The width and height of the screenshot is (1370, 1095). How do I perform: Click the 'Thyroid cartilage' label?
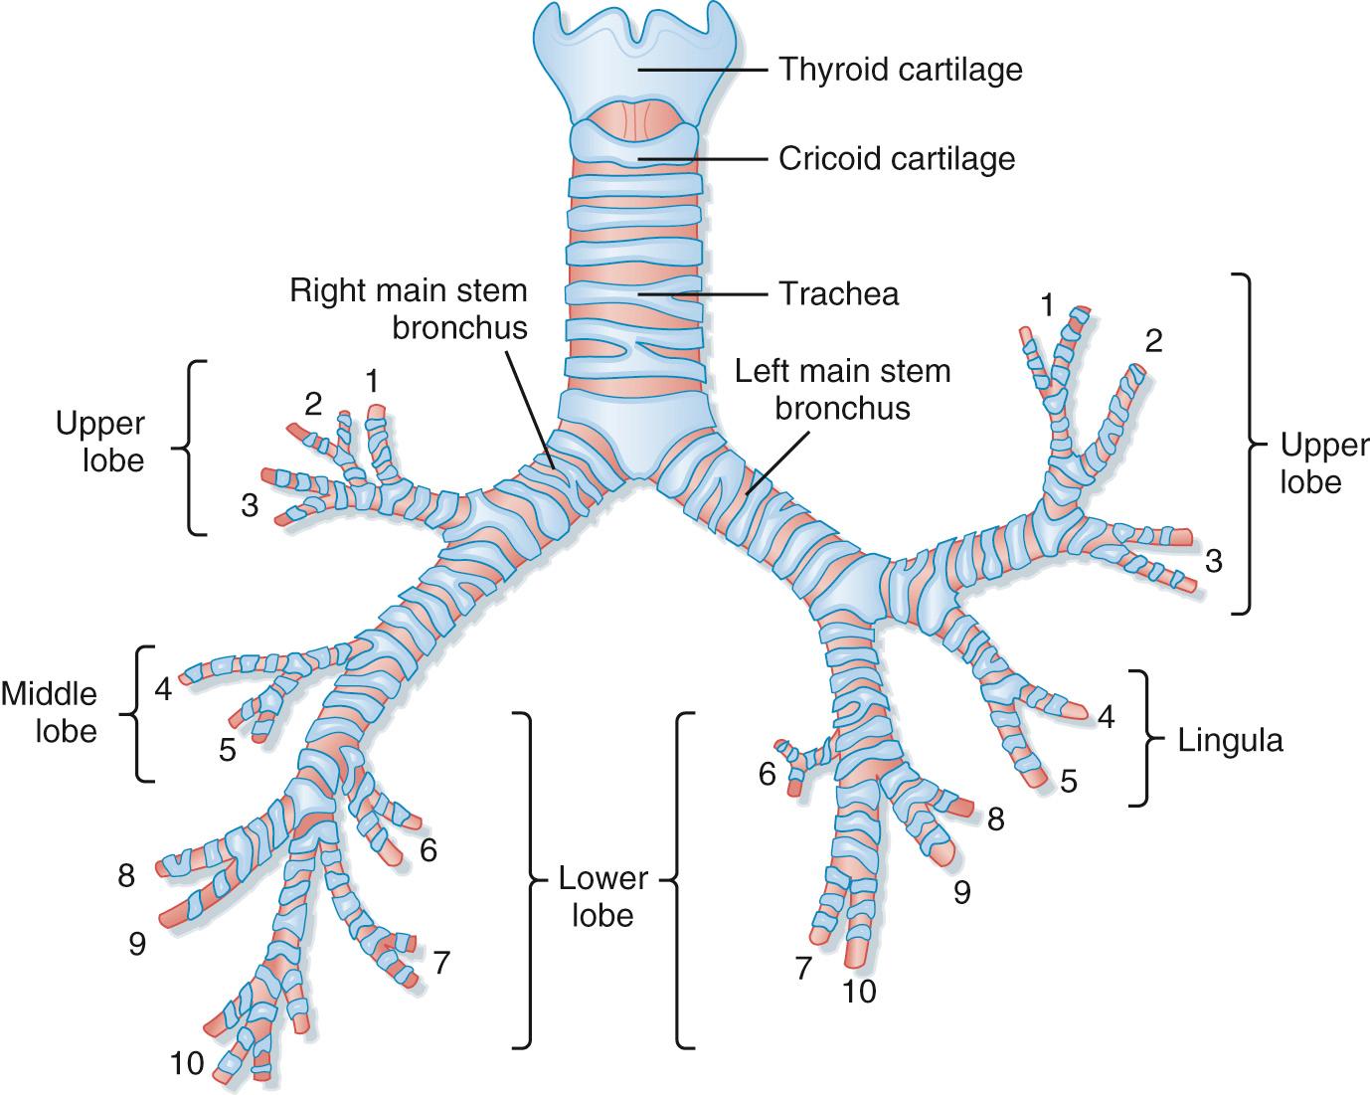click(900, 70)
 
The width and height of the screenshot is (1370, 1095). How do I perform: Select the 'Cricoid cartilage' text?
click(897, 158)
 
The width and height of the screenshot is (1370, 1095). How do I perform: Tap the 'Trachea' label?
click(838, 294)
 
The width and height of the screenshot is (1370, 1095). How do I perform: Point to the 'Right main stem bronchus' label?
click(409, 308)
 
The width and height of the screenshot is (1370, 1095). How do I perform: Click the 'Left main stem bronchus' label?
click(842, 389)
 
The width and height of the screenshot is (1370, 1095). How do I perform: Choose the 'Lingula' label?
click(1230, 741)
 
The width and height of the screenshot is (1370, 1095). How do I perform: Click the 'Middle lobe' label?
click(49, 711)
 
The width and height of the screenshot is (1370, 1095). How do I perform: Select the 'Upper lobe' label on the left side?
click(99, 442)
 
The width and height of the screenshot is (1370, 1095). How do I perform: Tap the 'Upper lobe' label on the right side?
click(1310, 462)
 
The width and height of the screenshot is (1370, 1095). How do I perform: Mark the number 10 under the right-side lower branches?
click(859, 992)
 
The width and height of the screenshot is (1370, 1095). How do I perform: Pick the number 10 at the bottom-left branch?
click(186, 1065)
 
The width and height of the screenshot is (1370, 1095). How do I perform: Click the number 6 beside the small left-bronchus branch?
click(767, 774)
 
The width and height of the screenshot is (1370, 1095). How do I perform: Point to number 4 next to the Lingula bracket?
click(1106, 716)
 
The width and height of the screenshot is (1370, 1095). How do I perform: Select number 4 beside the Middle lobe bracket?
click(163, 688)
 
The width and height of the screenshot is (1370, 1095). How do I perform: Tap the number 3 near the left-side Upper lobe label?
click(250, 506)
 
